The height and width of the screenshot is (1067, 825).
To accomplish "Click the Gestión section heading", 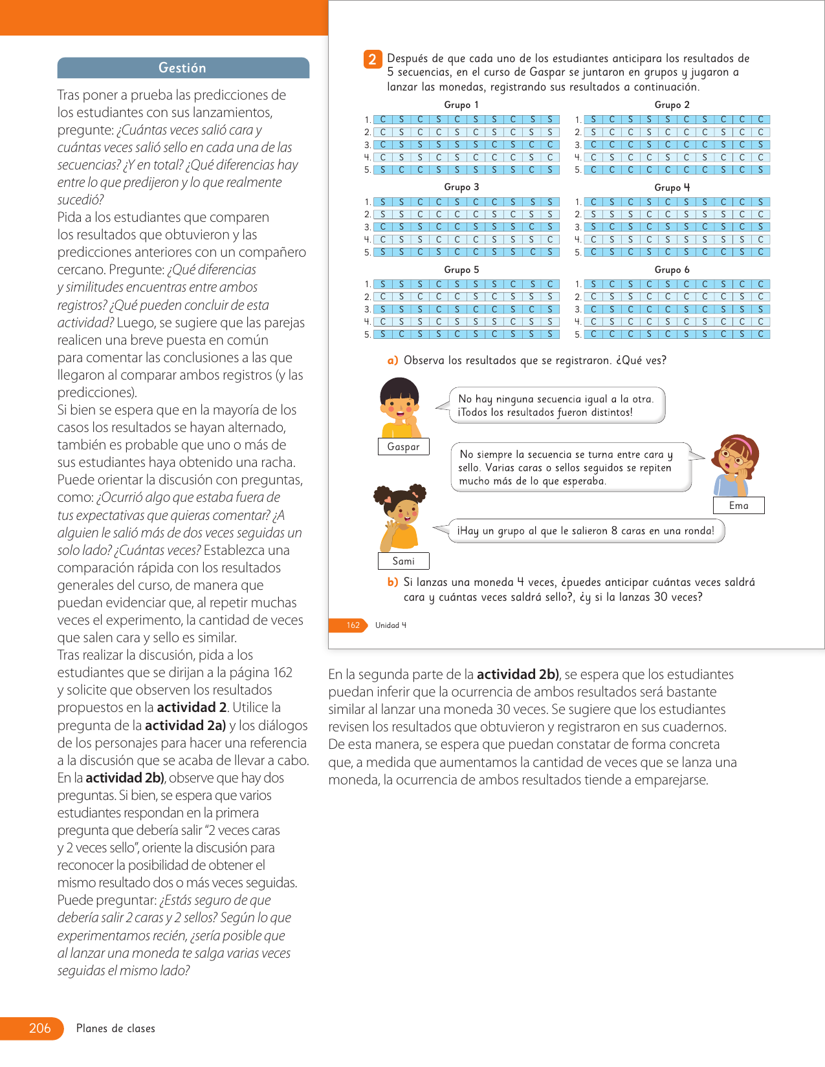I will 182,68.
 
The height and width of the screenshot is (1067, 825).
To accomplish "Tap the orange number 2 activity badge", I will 372,59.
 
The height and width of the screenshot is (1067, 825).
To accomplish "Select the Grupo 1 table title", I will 461,105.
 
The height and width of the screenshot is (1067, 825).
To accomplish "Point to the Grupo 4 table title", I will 672,188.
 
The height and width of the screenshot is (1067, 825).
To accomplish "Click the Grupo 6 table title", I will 672,270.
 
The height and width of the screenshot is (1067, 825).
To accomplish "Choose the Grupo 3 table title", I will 461,187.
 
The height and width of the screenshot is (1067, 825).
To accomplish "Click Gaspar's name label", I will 403,447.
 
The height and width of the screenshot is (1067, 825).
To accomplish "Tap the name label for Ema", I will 738,506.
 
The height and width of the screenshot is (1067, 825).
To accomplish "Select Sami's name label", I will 403,561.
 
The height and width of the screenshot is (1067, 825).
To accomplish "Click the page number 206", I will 39,1028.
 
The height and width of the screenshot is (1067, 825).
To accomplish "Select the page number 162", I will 353,625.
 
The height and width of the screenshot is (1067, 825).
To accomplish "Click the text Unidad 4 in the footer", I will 391,625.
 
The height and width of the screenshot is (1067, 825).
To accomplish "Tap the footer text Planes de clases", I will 116,1028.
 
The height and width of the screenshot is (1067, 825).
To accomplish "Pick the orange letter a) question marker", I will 393,361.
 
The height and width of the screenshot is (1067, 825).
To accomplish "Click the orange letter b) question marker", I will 393,582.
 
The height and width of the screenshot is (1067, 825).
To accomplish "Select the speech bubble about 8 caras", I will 586,531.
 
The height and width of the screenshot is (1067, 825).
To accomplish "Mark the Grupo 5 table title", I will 461,270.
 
